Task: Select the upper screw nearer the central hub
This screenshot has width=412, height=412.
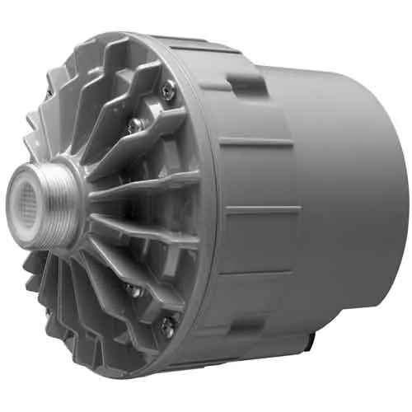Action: pyautogui.click(x=133, y=124)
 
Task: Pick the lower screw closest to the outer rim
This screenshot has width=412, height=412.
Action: pyautogui.click(x=167, y=325)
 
